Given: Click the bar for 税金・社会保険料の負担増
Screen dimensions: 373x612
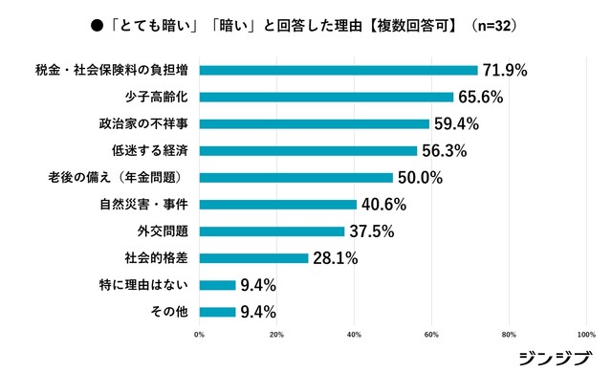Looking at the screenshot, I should (x=339, y=70).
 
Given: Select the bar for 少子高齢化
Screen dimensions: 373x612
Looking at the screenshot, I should (x=326, y=97).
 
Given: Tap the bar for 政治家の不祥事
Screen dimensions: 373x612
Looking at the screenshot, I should (x=315, y=123).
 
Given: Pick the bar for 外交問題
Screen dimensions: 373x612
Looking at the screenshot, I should (x=272, y=230).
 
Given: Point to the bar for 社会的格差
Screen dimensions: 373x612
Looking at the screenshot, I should (x=253, y=257).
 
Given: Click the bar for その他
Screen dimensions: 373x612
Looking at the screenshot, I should (x=217, y=311).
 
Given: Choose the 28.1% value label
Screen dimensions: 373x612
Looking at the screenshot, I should (x=334, y=257).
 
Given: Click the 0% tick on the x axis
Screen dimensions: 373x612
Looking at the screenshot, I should (x=199, y=335).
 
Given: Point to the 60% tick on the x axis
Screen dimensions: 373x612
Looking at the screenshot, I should (x=431, y=335).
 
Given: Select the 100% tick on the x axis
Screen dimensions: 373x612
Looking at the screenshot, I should (x=586, y=335).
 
